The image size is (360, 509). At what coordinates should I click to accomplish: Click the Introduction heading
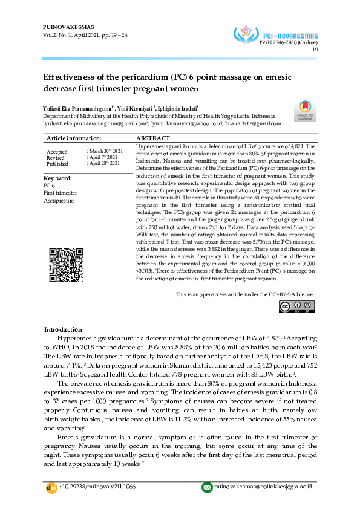(x=64, y=329)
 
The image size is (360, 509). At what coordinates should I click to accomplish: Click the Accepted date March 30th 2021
(x=105, y=151)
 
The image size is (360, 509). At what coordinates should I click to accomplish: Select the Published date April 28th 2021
(x=105, y=163)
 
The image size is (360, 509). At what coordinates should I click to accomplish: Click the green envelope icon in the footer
(x=206, y=487)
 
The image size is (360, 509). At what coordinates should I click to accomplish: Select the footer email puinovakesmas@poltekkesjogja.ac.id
(x=263, y=487)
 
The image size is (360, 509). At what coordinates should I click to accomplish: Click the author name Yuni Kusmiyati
(x=136, y=107)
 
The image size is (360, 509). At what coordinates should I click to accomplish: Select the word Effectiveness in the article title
(x=68, y=78)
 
